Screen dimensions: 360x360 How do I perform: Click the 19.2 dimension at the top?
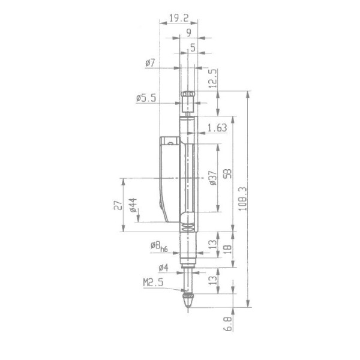click(x=179, y=18)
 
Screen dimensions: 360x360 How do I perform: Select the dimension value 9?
click(x=189, y=33)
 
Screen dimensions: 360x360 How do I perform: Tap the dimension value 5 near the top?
click(x=193, y=47)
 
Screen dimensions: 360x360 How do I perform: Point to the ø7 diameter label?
click(x=150, y=62)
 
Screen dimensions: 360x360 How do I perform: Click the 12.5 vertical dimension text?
click(x=213, y=78)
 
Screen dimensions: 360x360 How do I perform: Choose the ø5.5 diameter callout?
click(x=146, y=98)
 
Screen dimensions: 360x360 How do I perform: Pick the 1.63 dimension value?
click(x=217, y=128)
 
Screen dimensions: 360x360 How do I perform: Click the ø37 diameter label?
click(x=213, y=178)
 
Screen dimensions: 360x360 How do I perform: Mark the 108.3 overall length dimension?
click(x=243, y=199)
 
